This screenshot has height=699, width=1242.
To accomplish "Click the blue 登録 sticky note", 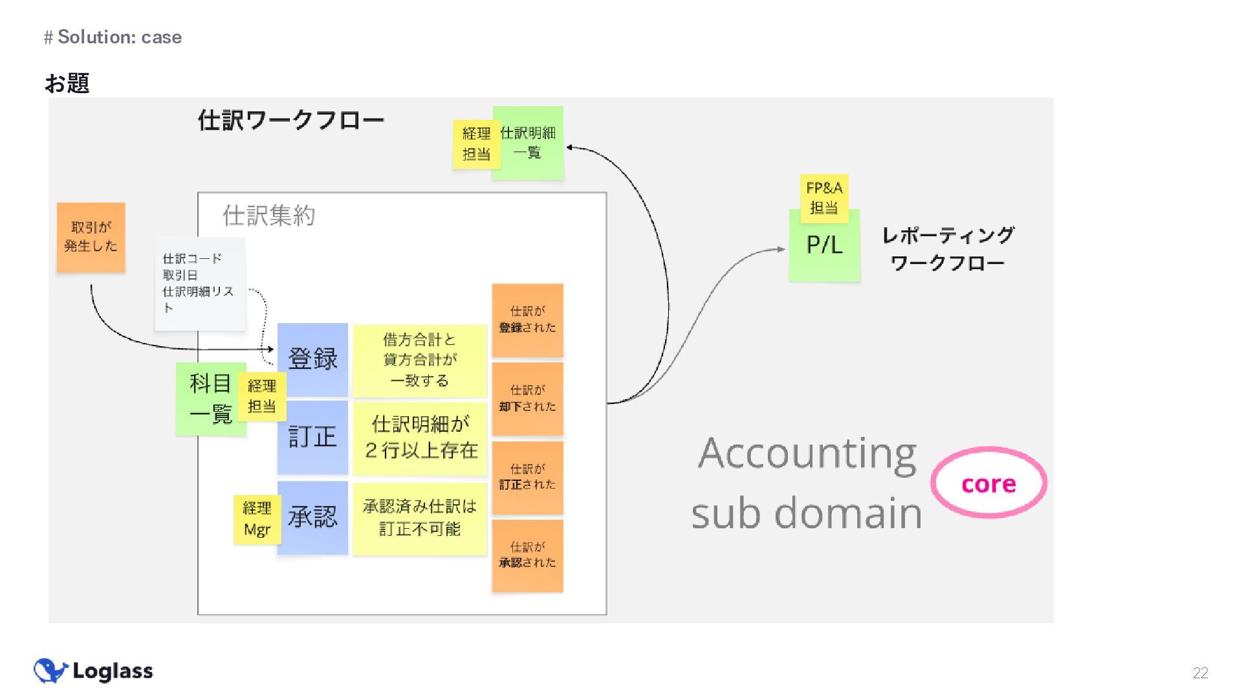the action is tap(313, 359).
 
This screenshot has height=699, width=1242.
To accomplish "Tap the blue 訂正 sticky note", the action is tap(313, 437).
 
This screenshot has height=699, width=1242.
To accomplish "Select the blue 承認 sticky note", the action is tap(313, 516).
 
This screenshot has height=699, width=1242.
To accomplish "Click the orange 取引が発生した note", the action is tap(91, 237).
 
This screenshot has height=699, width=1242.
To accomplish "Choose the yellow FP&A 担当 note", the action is tap(824, 198).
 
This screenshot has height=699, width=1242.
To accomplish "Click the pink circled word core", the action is tap(988, 483).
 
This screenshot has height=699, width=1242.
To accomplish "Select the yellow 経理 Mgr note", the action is tap(257, 518).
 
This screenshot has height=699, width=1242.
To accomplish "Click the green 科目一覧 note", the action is tap(208, 399).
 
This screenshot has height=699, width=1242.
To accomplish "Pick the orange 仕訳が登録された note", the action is tap(527, 320).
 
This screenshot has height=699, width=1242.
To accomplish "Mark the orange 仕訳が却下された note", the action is tap(527, 399).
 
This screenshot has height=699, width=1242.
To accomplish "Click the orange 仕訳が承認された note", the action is tap(527, 555).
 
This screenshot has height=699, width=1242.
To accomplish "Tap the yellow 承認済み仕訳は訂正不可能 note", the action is tap(420, 518).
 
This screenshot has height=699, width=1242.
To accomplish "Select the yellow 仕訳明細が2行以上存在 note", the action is tap(420, 438).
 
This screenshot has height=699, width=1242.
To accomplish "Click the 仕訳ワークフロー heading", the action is tap(291, 120).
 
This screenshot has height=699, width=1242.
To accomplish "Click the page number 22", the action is tap(1200, 673).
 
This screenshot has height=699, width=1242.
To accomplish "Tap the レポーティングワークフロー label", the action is tap(948, 249).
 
